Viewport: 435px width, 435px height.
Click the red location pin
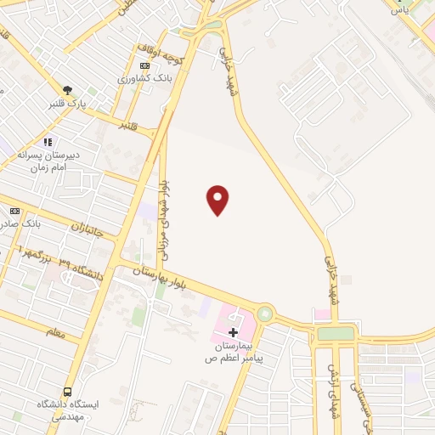click(218, 199)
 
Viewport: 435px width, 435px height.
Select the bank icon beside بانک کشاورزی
click(145, 65)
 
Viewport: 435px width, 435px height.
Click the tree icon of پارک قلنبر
click(67, 89)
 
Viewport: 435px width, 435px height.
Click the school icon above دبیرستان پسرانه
click(48, 142)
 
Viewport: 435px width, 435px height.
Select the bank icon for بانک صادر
click(14, 210)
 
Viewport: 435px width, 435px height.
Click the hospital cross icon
click(234, 332)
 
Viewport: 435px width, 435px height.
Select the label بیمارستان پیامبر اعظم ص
click(234, 353)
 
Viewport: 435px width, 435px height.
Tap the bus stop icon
click(67, 392)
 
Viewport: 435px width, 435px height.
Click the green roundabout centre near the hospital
click(266, 314)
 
